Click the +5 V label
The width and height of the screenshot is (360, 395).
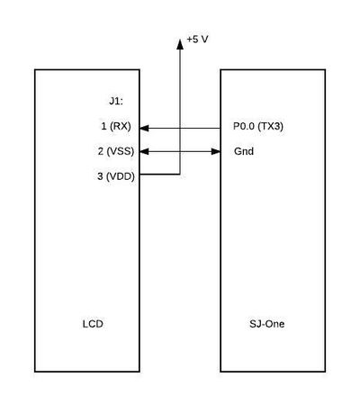(x=197, y=40)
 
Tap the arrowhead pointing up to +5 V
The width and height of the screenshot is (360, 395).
(x=180, y=44)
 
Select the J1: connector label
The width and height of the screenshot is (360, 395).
(x=116, y=102)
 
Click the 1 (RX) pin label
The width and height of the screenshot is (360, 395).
(x=116, y=126)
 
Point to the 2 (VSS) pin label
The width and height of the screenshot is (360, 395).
(x=116, y=151)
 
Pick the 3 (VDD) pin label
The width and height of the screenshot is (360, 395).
(x=116, y=176)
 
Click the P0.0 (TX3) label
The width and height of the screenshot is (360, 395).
(x=258, y=126)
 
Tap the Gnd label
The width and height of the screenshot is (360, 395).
(x=244, y=151)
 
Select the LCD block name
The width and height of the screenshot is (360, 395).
(x=93, y=324)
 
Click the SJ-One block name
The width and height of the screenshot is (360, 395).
(x=266, y=324)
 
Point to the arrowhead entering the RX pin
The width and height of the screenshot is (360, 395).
(x=144, y=129)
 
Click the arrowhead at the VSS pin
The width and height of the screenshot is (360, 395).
(x=144, y=151)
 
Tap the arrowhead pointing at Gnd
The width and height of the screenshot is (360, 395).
(x=216, y=151)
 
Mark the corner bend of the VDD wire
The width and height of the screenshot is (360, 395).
(x=180, y=174)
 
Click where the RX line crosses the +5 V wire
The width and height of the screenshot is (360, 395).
(x=180, y=129)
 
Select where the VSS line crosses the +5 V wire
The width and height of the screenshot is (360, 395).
(x=180, y=151)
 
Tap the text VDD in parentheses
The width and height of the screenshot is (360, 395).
(x=121, y=176)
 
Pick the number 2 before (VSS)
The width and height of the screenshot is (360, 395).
(x=101, y=151)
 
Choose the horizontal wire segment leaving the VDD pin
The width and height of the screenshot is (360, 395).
(x=159, y=174)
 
